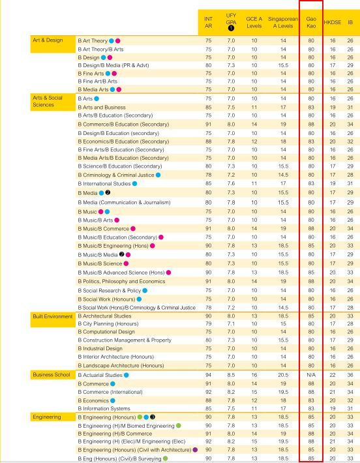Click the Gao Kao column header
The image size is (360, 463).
click(x=311, y=22)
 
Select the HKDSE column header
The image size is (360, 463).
click(x=332, y=22)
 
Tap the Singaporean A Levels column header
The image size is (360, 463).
click(x=283, y=22)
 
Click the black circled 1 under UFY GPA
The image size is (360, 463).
click(x=231, y=28)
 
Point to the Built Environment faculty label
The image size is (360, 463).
click(x=53, y=316)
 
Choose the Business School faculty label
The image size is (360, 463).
click(x=52, y=374)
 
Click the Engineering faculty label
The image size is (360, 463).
click(x=47, y=417)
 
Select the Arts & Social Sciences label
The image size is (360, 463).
click(x=48, y=101)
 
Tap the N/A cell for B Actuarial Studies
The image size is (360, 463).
click(x=311, y=375)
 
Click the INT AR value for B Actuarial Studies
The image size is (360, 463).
click(x=208, y=375)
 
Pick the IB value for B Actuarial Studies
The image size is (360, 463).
click(x=350, y=375)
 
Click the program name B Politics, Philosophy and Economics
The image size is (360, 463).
click(x=121, y=282)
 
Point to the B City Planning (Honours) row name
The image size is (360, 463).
click(x=108, y=323)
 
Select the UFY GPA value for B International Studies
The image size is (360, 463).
click(x=231, y=183)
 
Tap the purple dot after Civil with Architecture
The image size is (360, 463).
click(x=195, y=450)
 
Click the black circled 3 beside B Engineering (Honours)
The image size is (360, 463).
click(x=153, y=417)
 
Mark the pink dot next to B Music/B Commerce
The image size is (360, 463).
click(x=133, y=228)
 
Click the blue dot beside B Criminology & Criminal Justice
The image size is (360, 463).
click(x=158, y=175)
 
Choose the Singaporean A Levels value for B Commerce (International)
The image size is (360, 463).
click(x=283, y=392)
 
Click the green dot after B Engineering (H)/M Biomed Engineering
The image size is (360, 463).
click(x=179, y=426)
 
